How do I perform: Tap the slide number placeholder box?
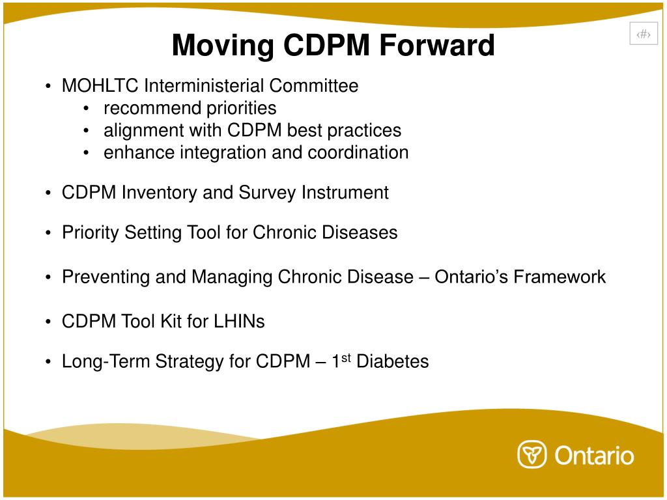point(644,35)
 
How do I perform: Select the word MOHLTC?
point(100,86)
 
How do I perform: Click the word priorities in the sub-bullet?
point(242,108)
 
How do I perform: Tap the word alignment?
point(144,130)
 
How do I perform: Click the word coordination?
point(358,152)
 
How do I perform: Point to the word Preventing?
point(106,277)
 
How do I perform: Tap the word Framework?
point(560,277)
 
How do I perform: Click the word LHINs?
point(239,322)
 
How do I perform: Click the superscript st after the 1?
point(347,357)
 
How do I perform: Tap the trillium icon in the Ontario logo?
point(532,454)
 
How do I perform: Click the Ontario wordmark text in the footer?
point(594,454)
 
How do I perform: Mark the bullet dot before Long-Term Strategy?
point(49,362)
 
